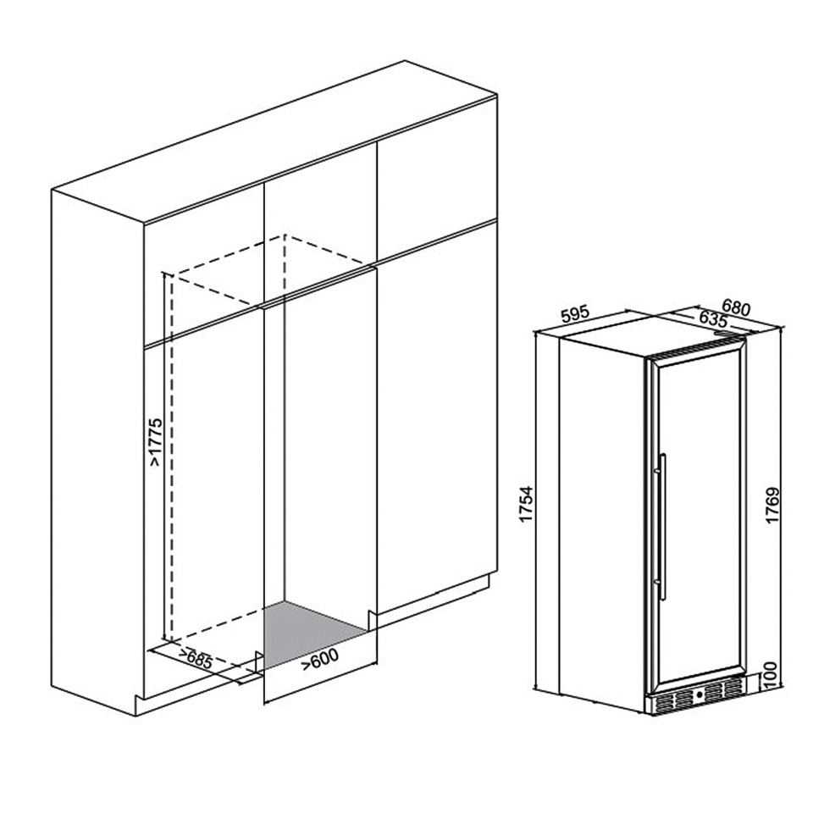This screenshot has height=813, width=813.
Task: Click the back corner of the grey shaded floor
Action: tap(285, 601)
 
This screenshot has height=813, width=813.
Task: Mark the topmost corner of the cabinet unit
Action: tap(405, 61)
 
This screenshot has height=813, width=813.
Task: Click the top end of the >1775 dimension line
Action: tap(163, 273)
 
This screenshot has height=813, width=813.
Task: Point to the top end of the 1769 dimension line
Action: tap(780, 327)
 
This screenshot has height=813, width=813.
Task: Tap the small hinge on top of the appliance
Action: tap(722, 334)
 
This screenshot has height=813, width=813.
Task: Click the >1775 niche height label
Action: tap(156, 442)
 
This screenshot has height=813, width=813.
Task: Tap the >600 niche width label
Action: tap(320, 659)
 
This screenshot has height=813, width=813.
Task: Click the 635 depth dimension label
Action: tap(713, 318)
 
